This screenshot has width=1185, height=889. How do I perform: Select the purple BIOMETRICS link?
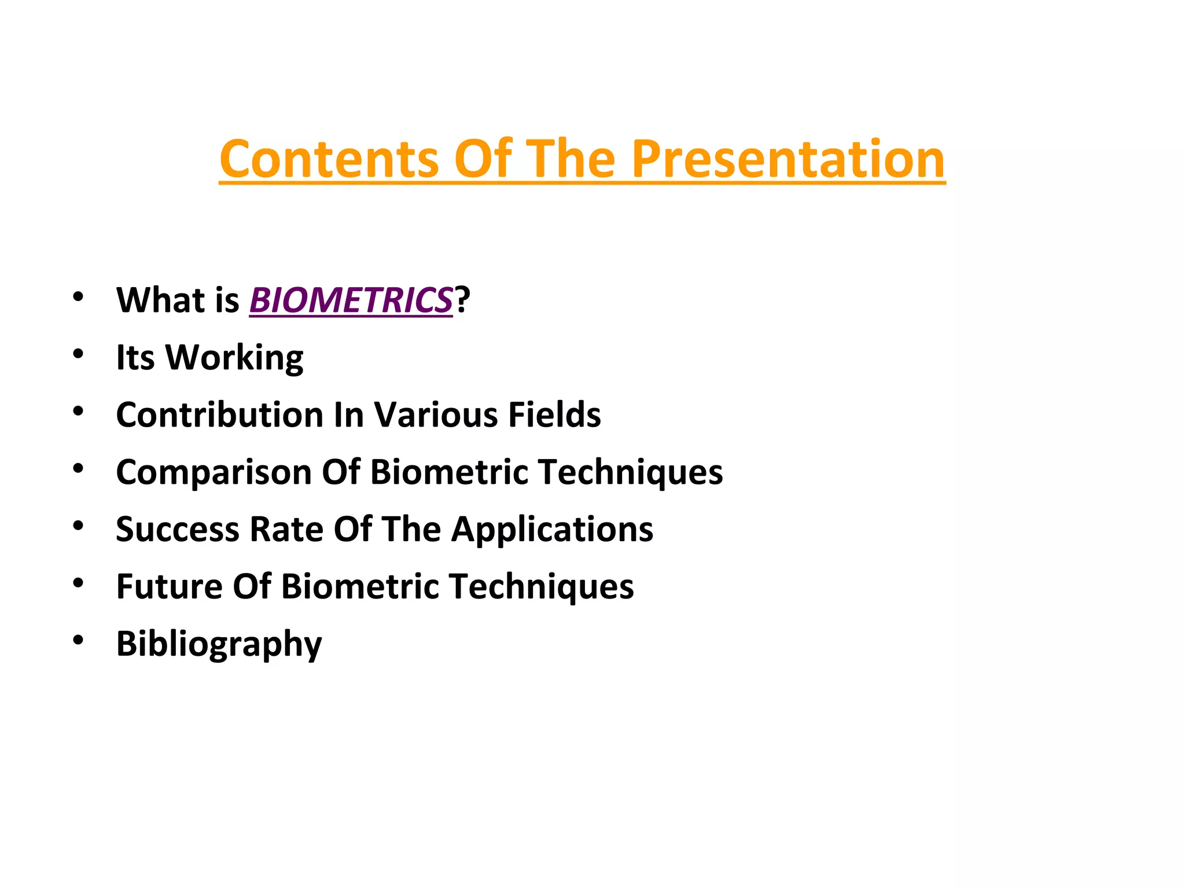pyautogui.click(x=351, y=300)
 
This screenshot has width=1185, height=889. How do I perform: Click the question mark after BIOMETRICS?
pyautogui.click(x=462, y=300)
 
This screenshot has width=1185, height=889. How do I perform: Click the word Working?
pyautogui.click(x=234, y=358)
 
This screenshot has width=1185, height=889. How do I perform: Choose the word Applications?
pyautogui.click(x=552, y=530)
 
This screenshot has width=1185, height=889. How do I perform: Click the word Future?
pyautogui.click(x=170, y=587)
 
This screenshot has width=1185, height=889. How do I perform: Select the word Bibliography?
pyautogui.click(x=219, y=644)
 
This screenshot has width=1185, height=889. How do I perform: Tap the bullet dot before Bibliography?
pyautogui.click(x=78, y=640)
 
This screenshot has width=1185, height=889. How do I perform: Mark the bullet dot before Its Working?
pyautogui.click(x=78, y=353)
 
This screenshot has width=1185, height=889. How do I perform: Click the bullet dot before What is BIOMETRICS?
pyautogui.click(x=78, y=296)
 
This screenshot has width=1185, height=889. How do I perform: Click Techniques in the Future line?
pyautogui.click(x=542, y=587)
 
